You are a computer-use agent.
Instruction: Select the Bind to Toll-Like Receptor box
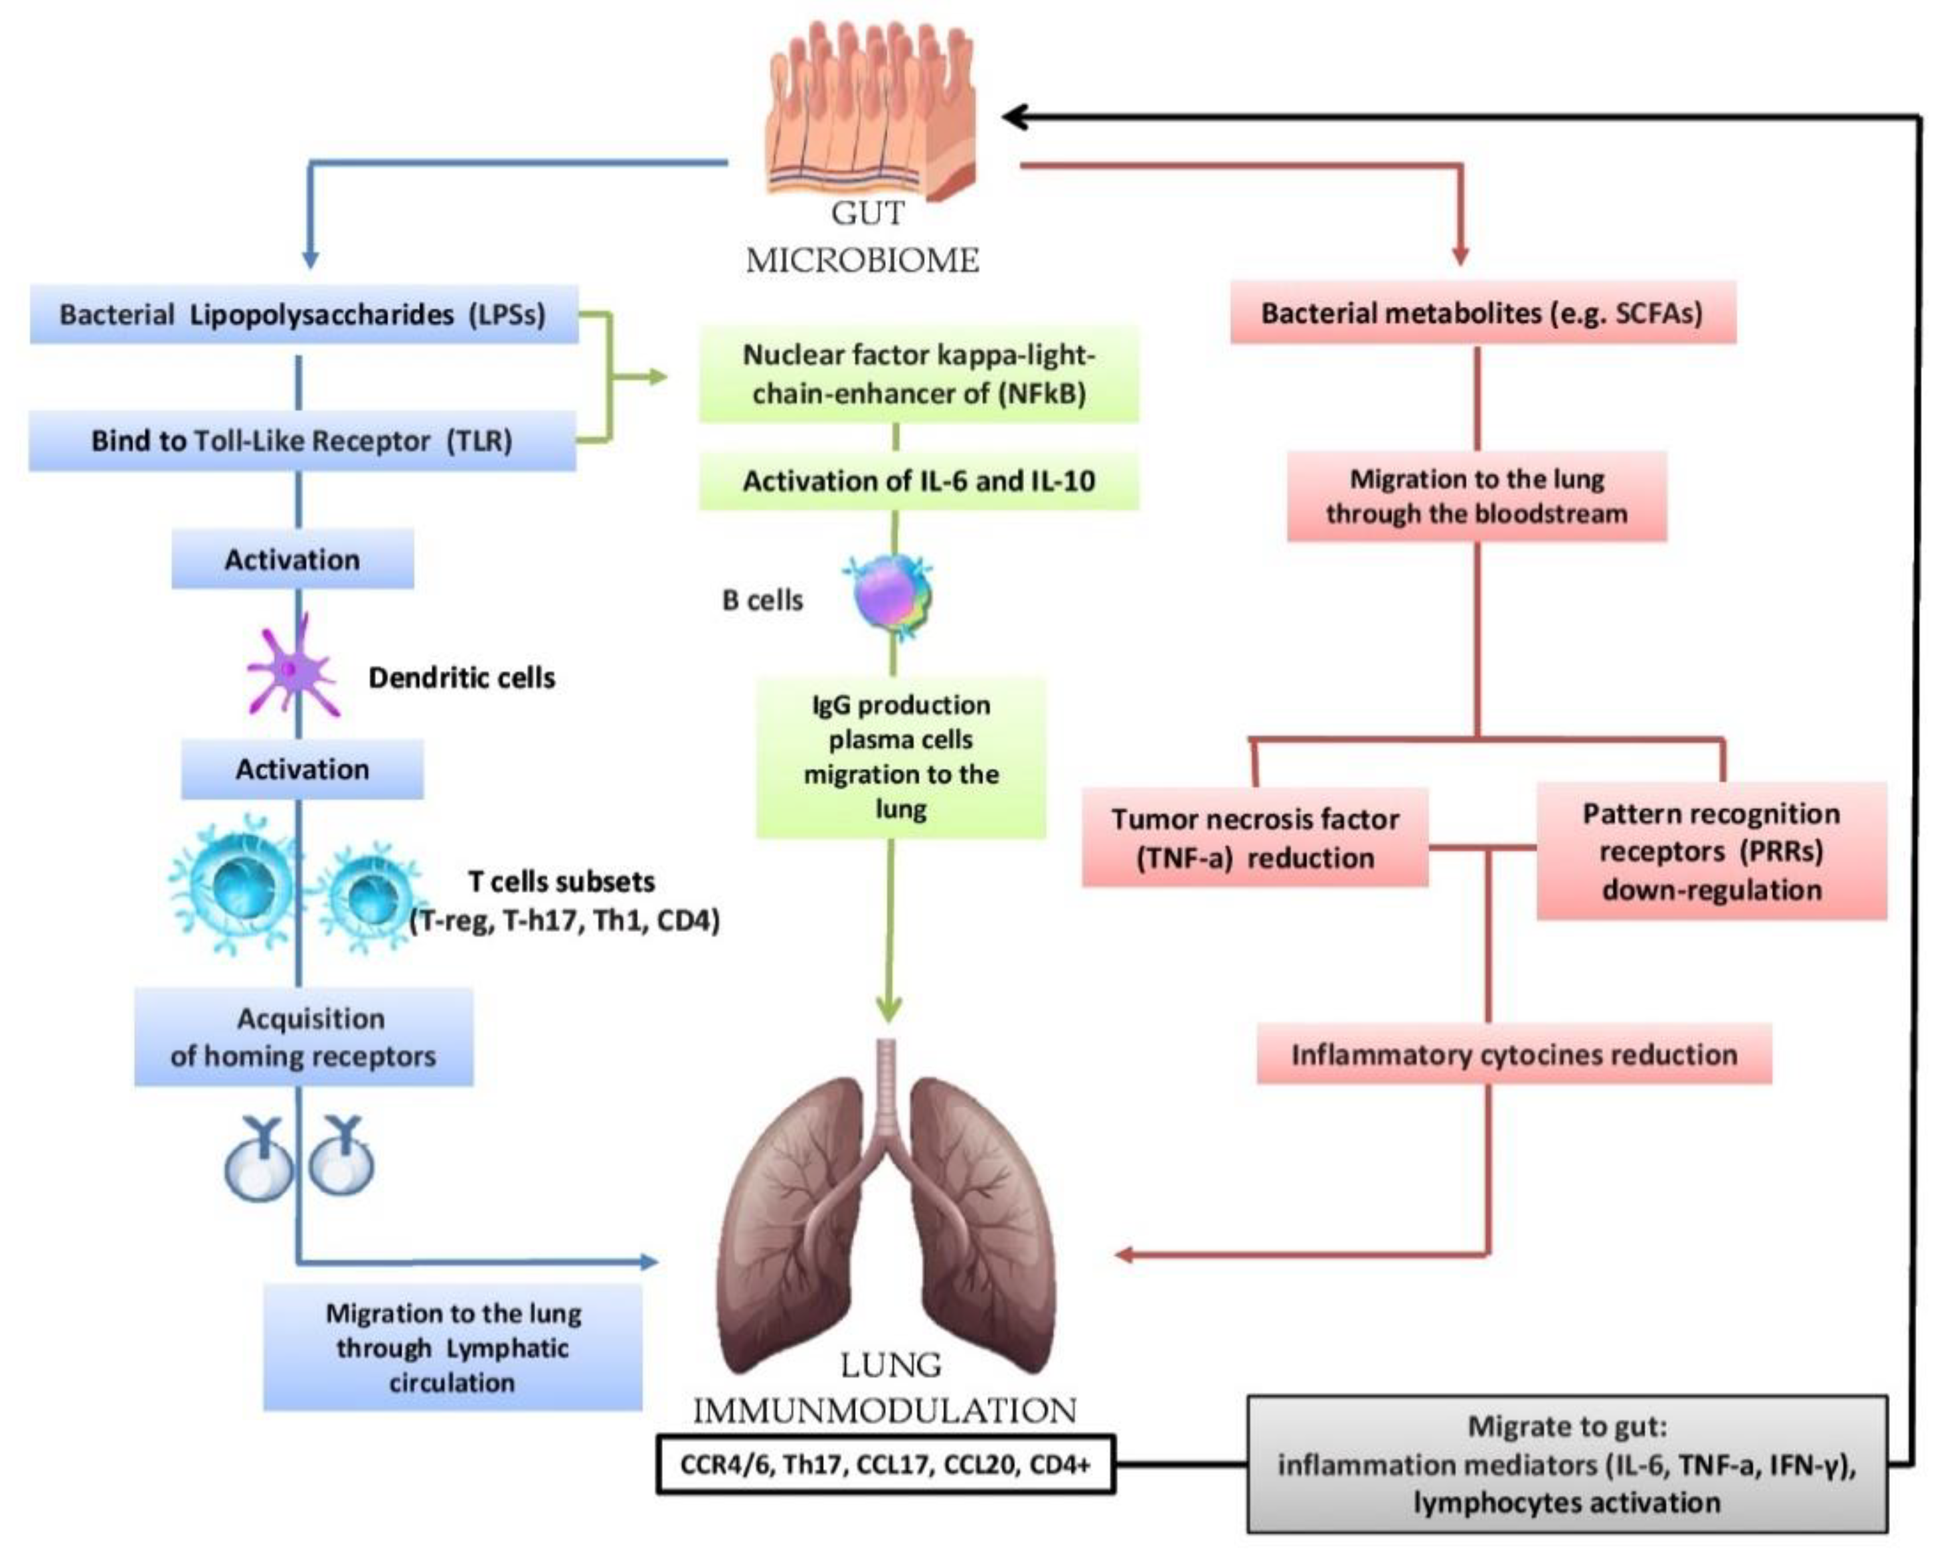click(x=302, y=441)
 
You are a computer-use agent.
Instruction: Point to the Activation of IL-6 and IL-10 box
click(x=918, y=482)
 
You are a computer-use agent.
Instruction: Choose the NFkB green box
click(x=918, y=374)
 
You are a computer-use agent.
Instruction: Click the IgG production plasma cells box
click(x=900, y=757)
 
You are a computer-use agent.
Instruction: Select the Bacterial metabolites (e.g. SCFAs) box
click(x=1482, y=313)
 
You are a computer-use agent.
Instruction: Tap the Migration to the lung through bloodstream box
click(x=1476, y=497)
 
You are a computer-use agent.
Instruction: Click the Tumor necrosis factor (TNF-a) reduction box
click(x=1254, y=838)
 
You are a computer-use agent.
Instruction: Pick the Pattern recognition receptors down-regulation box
click(x=1711, y=851)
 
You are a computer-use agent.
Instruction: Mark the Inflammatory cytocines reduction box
click(x=1513, y=1054)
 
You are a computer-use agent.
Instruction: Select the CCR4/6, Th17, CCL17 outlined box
click(x=885, y=1465)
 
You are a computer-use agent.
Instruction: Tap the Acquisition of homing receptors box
click(x=304, y=1038)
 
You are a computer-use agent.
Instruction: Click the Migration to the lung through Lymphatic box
click(x=452, y=1348)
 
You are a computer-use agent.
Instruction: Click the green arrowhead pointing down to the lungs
click(x=888, y=1010)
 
